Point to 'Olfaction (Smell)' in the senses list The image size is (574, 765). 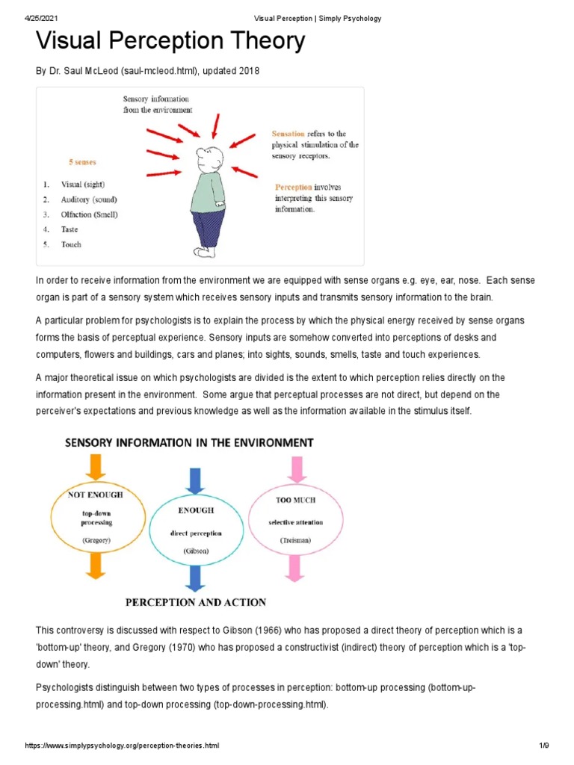tap(89, 214)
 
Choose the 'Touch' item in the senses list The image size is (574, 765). tap(71, 244)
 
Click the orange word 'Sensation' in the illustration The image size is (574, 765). tap(288, 134)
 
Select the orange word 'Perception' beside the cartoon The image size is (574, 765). tap(293, 187)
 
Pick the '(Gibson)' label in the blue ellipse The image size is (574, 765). tap(196, 551)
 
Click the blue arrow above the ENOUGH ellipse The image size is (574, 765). tap(196, 479)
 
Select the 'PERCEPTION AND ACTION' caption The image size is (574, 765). tap(196, 602)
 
